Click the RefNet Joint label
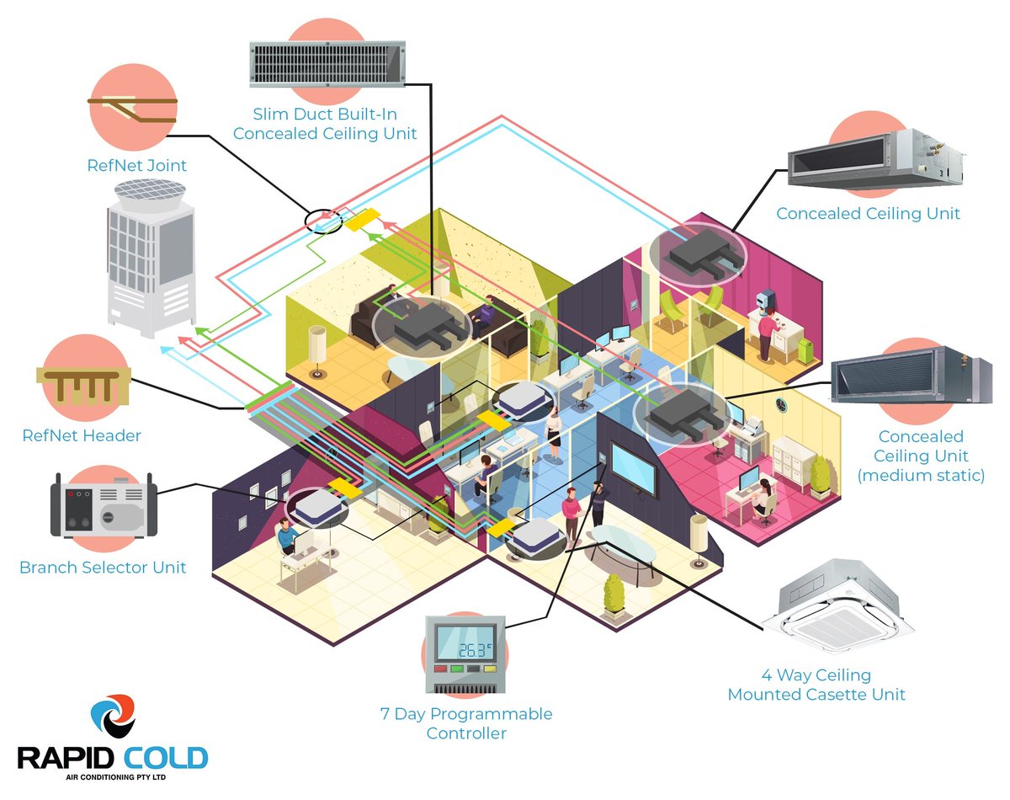coord(137,165)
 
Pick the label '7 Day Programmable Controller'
coord(466,723)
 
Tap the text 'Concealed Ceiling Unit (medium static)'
coord(920,456)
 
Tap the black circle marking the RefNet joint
coord(323,221)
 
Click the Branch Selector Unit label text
coord(103,568)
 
